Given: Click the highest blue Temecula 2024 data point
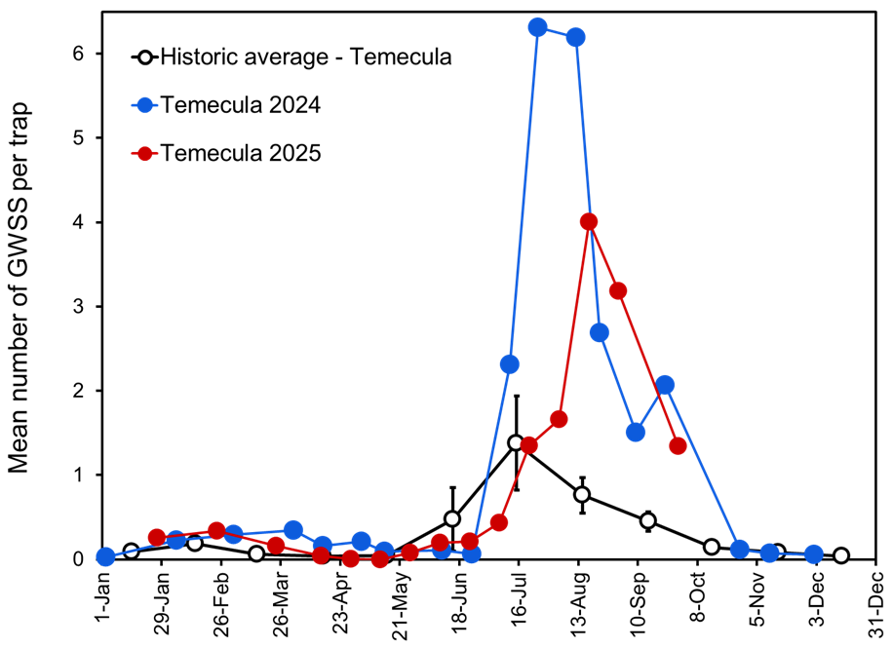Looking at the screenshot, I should pos(537,27).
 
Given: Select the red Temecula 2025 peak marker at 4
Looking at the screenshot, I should pos(588,222).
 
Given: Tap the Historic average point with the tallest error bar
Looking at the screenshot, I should pos(517,442).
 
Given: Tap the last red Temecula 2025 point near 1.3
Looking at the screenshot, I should pos(679,446).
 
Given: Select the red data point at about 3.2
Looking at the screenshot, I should pos(617,290).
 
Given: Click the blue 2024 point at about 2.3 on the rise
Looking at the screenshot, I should pos(509,364).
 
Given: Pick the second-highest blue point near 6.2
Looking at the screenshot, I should pos(575,37).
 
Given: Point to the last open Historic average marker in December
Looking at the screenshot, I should pos(840,555).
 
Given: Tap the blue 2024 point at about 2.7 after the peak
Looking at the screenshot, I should pos(600,332).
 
